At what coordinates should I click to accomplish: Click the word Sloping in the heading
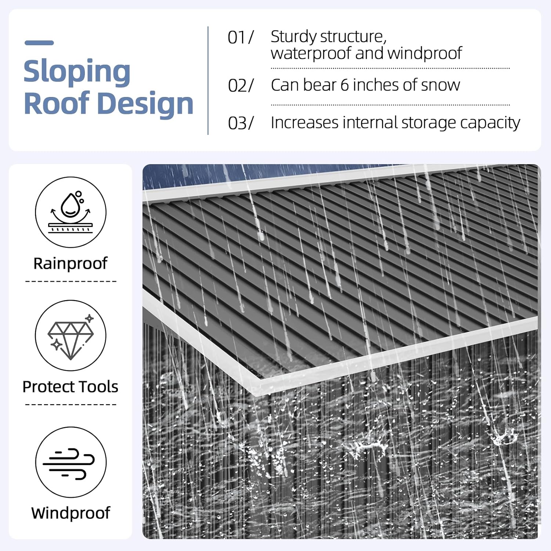pos(77,72)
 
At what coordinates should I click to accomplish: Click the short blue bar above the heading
pos(39,43)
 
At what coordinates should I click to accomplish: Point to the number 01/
pos(241,37)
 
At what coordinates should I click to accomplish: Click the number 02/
pos(241,86)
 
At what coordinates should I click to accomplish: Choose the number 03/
pos(241,123)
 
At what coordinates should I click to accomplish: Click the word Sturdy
pos(295,37)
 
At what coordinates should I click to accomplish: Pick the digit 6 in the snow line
pos(344,85)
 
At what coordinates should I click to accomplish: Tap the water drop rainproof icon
pos(71,212)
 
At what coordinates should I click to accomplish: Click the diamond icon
pos(71,335)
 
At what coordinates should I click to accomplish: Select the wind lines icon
pos(71,462)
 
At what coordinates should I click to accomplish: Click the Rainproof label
pos(71,264)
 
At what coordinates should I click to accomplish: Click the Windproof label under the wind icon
pos(71,513)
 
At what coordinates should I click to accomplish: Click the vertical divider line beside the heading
pos(208,80)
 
